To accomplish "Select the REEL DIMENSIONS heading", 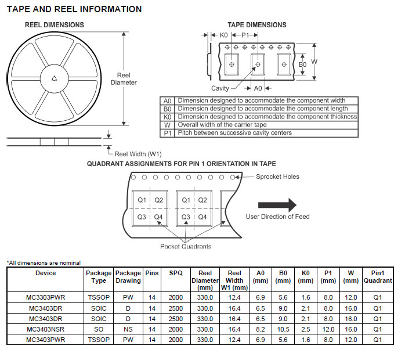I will click(x=54, y=25).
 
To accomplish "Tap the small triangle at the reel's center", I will click(x=54, y=78).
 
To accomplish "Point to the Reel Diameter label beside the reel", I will click(x=124, y=79).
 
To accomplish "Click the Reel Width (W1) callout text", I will click(x=138, y=154).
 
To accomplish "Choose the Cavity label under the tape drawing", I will click(x=220, y=88).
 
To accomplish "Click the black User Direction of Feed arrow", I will click(x=277, y=205).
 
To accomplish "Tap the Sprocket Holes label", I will click(x=277, y=177).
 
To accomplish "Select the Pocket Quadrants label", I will click(x=186, y=246).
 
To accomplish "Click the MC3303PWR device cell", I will click(x=46, y=297).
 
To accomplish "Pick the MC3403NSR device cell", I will click(x=46, y=329).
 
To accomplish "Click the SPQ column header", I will click(x=176, y=273).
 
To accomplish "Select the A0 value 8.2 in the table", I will click(x=260, y=329).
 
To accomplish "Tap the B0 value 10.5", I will click(x=283, y=329).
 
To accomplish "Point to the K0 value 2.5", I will click(x=306, y=329).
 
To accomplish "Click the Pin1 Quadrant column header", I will click(x=378, y=277).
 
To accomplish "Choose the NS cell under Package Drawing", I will click(x=128, y=329).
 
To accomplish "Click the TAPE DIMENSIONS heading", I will click(x=256, y=25).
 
